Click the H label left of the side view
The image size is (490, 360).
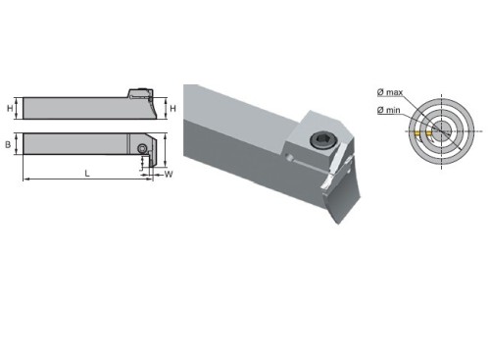click(10, 108)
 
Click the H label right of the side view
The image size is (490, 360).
click(172, 108)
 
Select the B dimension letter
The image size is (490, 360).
click(8, 144)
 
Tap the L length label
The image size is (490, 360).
click(87, 174)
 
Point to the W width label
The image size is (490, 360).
click(169, 174)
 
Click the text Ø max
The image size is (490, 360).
click(390, 92)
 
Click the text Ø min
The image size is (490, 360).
click(388, 110)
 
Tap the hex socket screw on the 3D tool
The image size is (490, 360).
click(318, 140)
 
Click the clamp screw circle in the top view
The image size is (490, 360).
click(142, 148)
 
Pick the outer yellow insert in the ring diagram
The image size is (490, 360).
click(417, 133)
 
